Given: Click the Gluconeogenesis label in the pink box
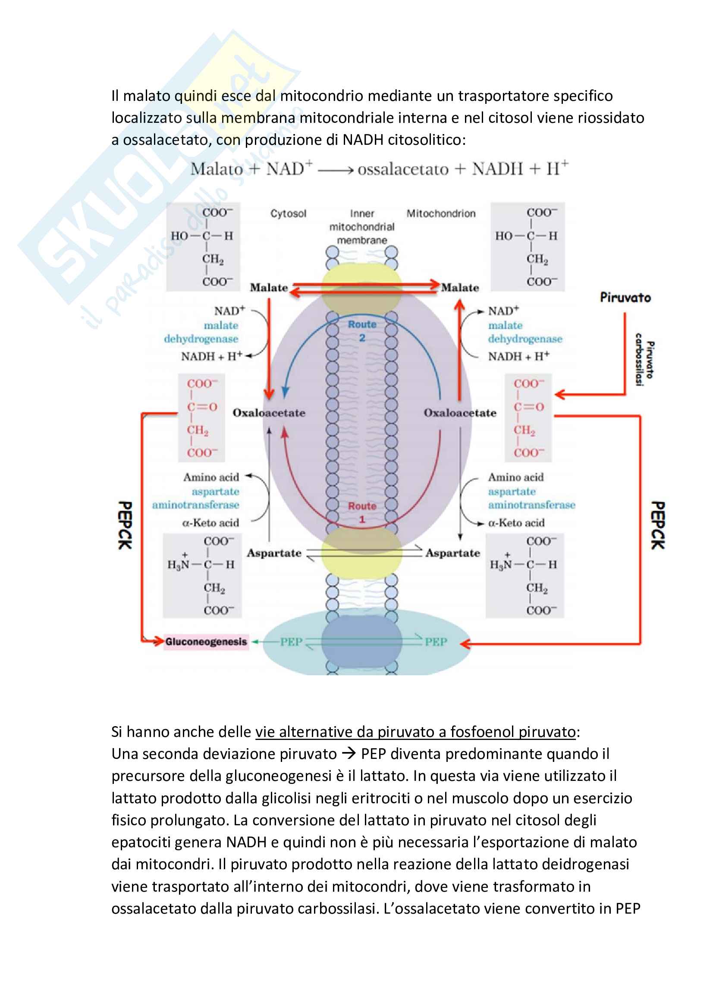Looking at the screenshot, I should click(x=206, y=642).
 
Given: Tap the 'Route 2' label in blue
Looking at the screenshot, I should click(x=362, y=331).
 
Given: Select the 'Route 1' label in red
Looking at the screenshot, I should click(x=362, y=512).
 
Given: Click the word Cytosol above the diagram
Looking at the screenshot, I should click(x=288, y=214).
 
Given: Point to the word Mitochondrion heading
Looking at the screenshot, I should click(x=441, y=214).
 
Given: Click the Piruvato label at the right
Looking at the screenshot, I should click(x=625, y=298).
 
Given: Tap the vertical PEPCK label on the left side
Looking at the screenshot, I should click(x=125, y=525).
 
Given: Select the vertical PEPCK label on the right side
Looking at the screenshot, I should click(x=658, y=525).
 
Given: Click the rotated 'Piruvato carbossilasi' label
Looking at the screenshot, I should click(x=644, y=360).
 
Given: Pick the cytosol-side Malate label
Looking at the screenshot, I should click(x=268, y=288).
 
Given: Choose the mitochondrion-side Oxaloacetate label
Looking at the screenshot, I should click(x=459, y=413).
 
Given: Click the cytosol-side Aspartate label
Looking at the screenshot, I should click(x=274, y=553).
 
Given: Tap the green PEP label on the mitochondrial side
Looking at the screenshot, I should click(x=435, y=642).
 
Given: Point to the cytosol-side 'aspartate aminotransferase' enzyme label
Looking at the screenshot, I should click(x=196, y=498).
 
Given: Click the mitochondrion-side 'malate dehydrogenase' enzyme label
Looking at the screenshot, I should click(x=525, y=332).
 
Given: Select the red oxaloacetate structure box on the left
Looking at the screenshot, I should click(x=201, y=418).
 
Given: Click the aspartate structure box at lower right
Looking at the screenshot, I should click(x=525, y=576).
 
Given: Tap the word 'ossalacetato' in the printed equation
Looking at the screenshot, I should click(x=403, y=169).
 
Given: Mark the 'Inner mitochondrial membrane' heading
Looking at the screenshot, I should click(x=362, y=227).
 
